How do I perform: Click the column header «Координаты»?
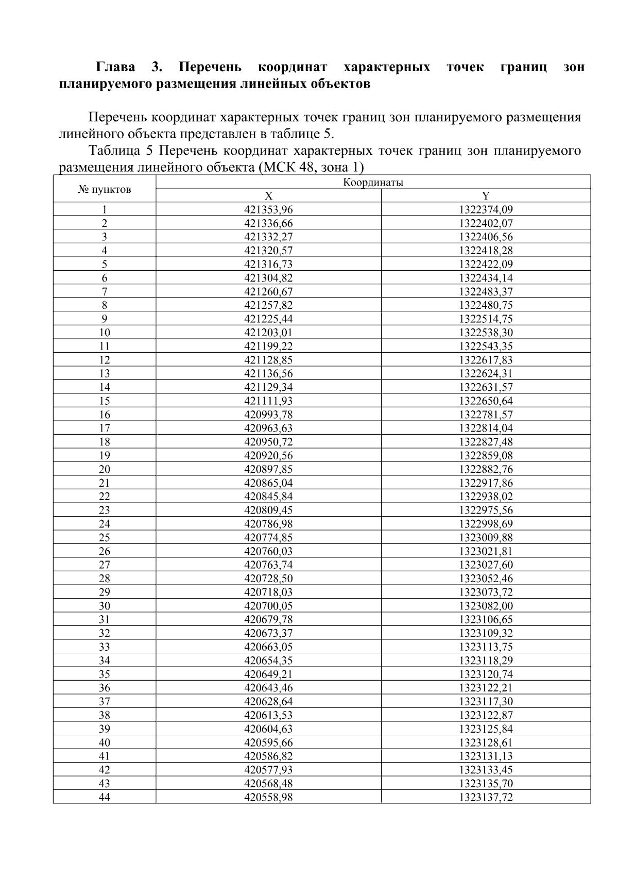coord(373,183)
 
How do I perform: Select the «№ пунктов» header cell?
coord(105,189)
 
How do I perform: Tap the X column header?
coord(268,196)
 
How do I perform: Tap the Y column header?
coord(486,196)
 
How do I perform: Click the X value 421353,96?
coord(268,210)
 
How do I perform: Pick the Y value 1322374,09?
coord(486,210)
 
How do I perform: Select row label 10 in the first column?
coord(105,333)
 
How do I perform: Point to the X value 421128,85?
coord(268,360)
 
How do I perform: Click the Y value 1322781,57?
coord(486,415)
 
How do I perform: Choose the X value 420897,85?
coord(268,469)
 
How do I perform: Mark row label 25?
coord(105,537)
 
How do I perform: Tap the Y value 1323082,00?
coord(486,606)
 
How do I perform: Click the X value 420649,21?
coord(268,674)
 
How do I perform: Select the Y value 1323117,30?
coord(486,701)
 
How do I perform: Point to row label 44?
coord(105,797)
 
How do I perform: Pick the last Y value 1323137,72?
coord(486,797)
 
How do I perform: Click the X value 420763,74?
coord(268,565)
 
